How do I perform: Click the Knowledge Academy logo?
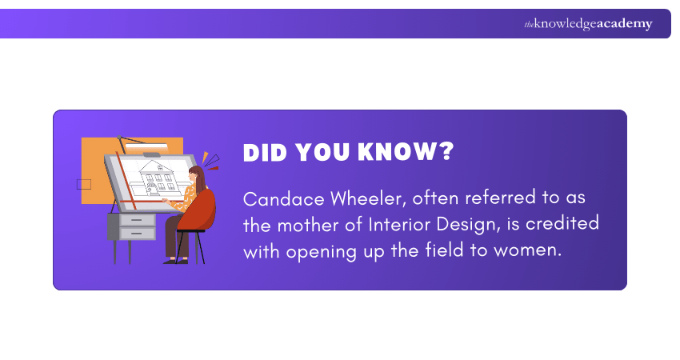coord(588,24)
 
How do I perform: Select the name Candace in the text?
coord(280,198)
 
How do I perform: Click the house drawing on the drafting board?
coord(158,177)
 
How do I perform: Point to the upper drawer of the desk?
coord(138,219)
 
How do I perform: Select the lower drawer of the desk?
coord(138,233)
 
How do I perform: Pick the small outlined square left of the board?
coord(84,185)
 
